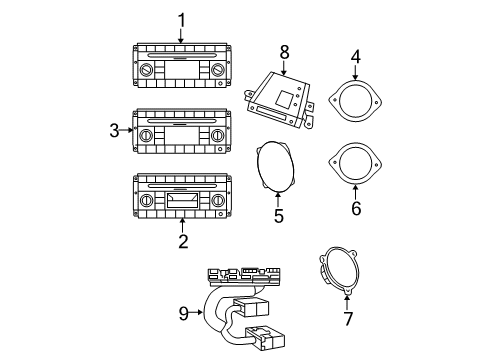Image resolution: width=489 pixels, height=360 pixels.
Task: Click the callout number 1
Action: pyautogui.click(x=181, y=19)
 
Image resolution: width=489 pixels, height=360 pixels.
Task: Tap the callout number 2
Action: pyautogui.click(x=182, y=241)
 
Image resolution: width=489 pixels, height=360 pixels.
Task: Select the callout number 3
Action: pyautogui.click(x=114, y=129)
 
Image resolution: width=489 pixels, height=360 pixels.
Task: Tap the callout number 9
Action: pyautogui.click(x=182, y=313)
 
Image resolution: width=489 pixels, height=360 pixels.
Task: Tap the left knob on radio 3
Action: pyautogui.click(x=147, y=134)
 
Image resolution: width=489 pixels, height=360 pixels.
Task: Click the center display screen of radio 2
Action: pyautogui.click(x=182, y=203)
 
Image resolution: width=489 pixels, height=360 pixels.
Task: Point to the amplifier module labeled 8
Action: pyautogui.click(x=283, y=98)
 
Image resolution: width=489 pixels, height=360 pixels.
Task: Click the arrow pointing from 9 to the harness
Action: pyautogui.click(x=198, y=313)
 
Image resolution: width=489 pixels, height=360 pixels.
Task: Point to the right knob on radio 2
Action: pyautogui.click(x=217, y=202)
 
